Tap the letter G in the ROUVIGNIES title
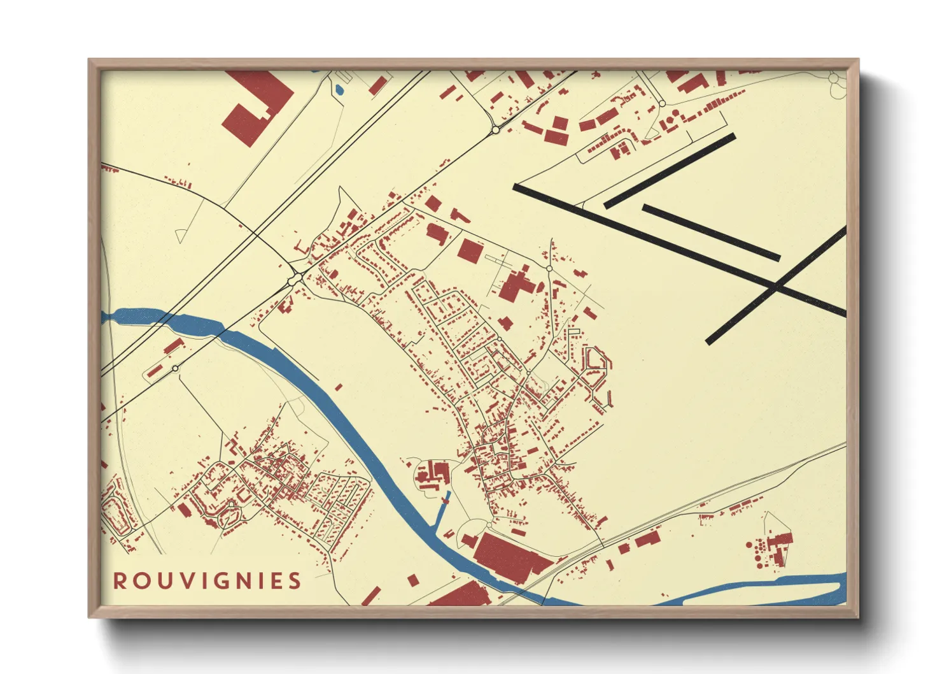point(220,581)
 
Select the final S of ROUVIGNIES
point(294,581)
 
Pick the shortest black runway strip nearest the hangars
point(670,171)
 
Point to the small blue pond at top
point(339,90)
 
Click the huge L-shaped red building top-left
point(255,105)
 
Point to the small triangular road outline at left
point(181,236)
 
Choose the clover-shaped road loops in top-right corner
point(835,83)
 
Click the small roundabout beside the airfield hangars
point(662,103)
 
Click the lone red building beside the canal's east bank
point(339,387)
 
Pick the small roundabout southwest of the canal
point(175,368)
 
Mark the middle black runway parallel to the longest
point(711,233)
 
